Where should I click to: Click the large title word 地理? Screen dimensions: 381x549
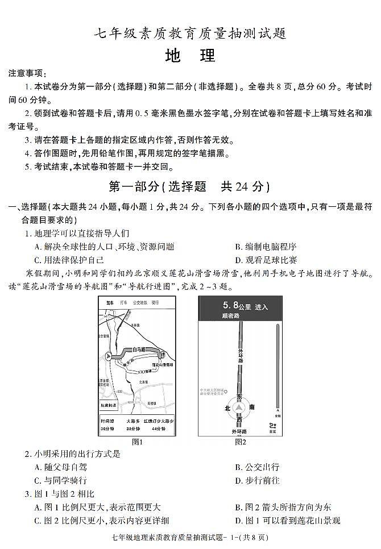coord(190,56)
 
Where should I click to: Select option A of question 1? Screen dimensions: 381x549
coord(104,247)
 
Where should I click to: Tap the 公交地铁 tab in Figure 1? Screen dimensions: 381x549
coord(140,303)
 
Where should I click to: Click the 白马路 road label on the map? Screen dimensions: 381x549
coord(139,350)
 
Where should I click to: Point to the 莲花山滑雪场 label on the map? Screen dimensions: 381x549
coord(163,364)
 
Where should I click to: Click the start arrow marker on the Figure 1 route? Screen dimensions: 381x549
coord(109,356)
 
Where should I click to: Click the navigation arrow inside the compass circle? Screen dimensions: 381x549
coord(239,408)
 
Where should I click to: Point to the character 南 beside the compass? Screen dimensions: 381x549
coord(252,408)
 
